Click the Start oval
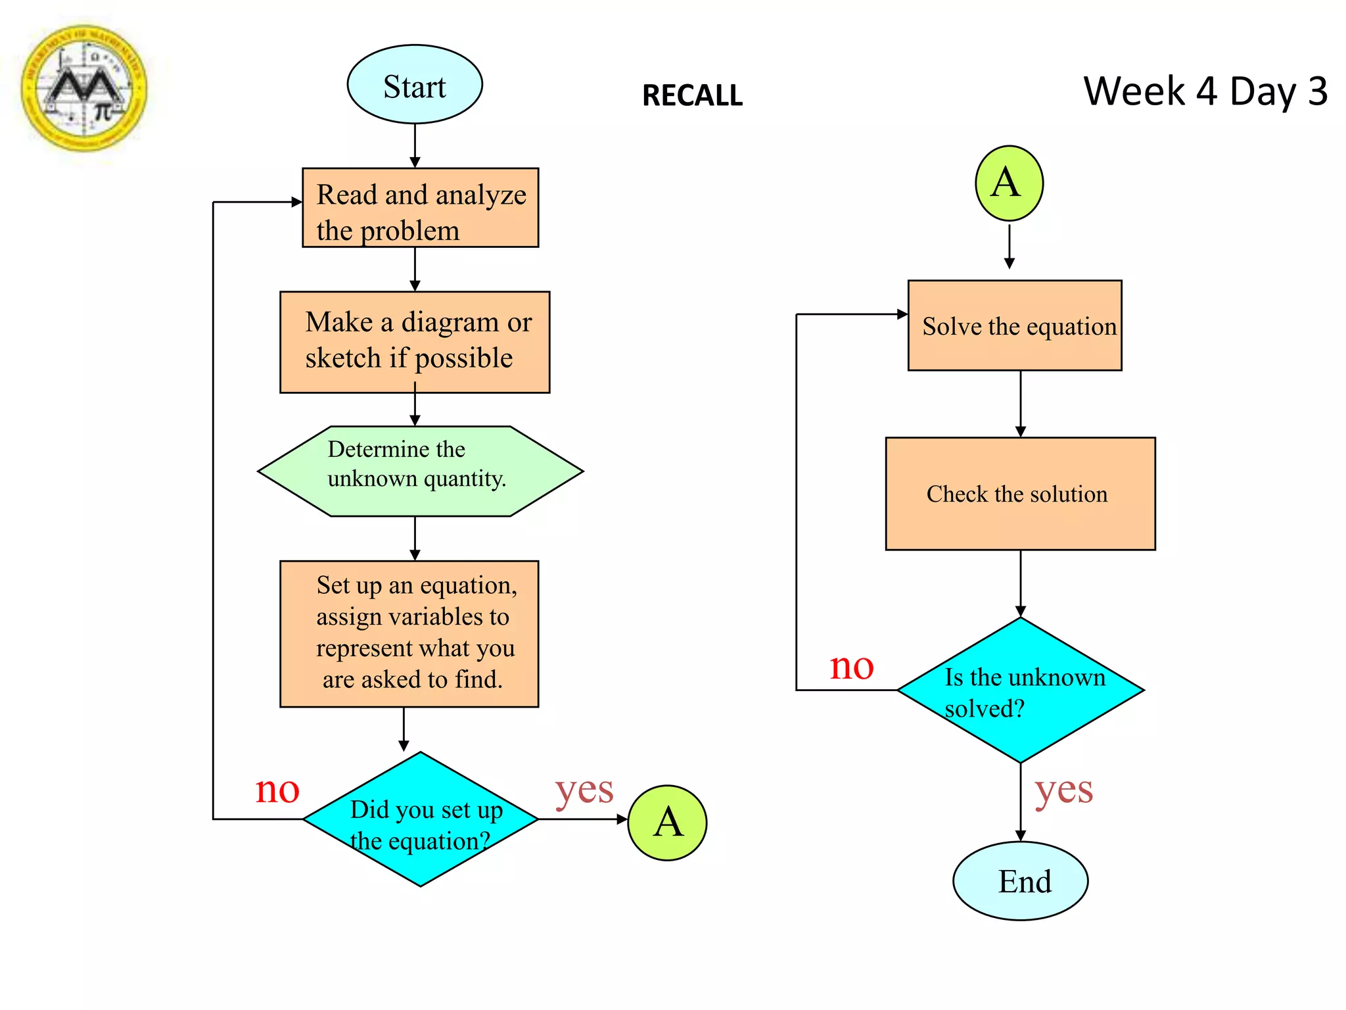[x=415, y=85]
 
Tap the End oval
[x=1020, y=880]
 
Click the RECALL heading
[x=692, y=96]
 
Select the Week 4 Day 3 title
[x=1205, y=91]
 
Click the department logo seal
[x=84, y=88]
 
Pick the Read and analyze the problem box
[x=421, y=208]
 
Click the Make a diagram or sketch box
[x=415, y=342]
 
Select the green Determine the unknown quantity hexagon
[x=420, y=471]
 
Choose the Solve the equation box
[x=1015, y=325]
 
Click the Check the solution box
[x=1020, y=493]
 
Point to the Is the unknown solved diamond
[x=1020, y=690]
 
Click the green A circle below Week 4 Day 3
[x=1009, y=183]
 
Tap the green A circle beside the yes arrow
[x=667, y=823]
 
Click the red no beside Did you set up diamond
[x=277, y=789]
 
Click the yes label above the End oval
[x=1063, y=790]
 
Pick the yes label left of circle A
[x=584, y=790]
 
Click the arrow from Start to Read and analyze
[x=415, y=145]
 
